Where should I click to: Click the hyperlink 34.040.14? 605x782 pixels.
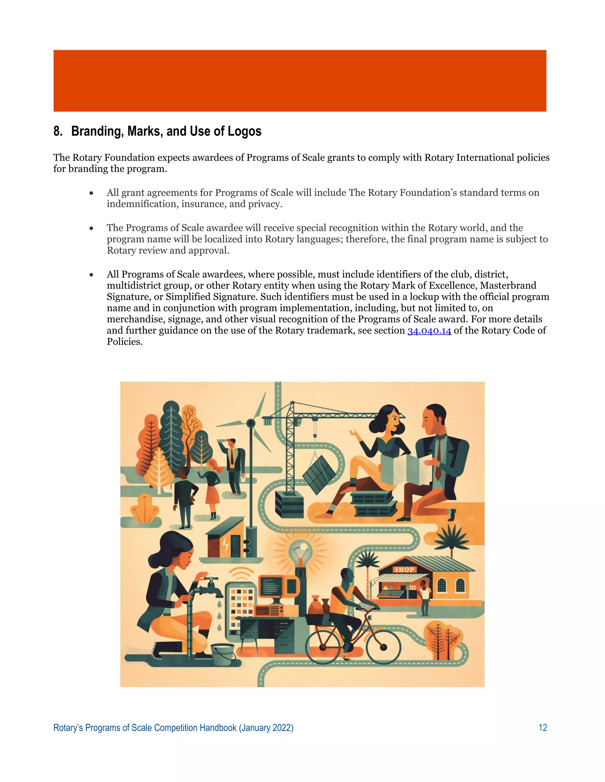click(429, 331)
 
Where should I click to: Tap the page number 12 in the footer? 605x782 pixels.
click(543, 728)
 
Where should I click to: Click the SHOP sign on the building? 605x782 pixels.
click(404, 569)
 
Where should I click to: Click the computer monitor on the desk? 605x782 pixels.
click(278, 586)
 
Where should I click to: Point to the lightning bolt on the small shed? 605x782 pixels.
click(225, 545)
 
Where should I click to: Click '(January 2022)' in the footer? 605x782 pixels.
click(266, 728)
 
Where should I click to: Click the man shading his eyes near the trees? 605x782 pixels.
click(233, 465)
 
